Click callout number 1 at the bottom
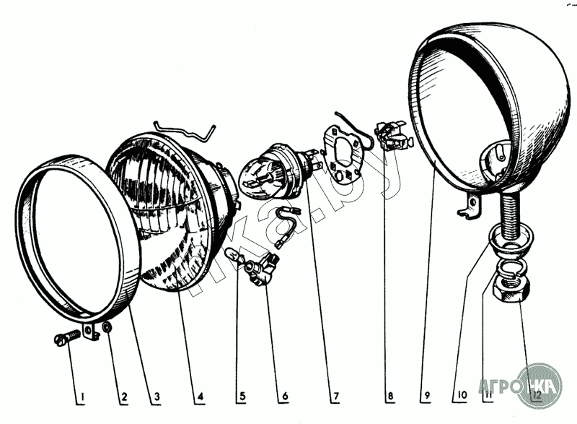click(82, 396)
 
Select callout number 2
click(123, 396)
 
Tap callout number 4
click(200, 396)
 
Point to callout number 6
click(284, 396)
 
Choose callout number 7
click(335, 396)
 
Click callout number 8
click(389, 396)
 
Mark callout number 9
click(427, 396)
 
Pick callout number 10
click(462, 396)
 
